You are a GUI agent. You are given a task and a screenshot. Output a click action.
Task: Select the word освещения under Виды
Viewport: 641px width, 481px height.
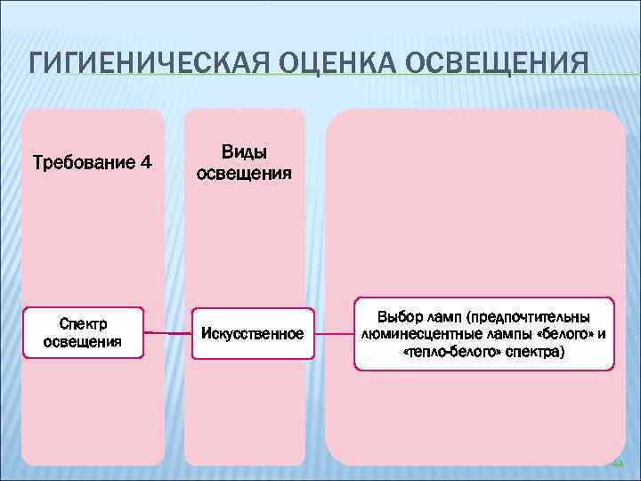click(244, 173)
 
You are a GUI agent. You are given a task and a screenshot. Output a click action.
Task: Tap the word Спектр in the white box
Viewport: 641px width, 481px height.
click(83, 324)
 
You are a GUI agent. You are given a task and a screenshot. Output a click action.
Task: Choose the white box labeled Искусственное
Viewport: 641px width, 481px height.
click(253, 334)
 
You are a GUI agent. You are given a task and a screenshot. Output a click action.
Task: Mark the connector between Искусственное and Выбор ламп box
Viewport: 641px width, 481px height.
click(334, 334)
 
